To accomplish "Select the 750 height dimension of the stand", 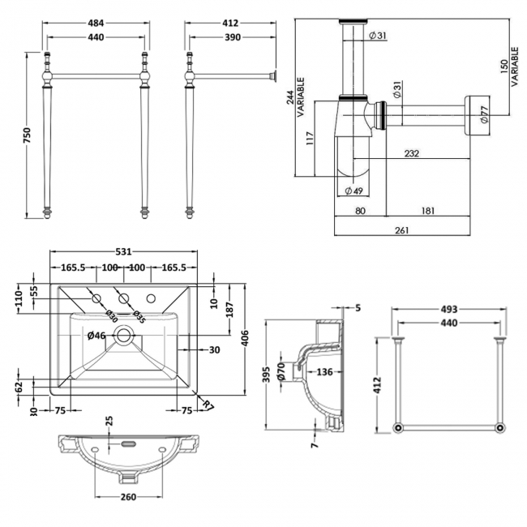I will pyautogui.click(x=27, y=133).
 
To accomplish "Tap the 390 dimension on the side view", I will pyautogui.click(x=231, y=37).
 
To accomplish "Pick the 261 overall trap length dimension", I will pyautogui.click(x=401, y=230).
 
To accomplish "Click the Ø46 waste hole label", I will pyautogui.click(x=96, y=335).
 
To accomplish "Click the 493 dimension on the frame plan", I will pyautogui.click(x=449, y=309).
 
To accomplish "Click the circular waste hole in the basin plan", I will pyautogui.click(x=124, y=333).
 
